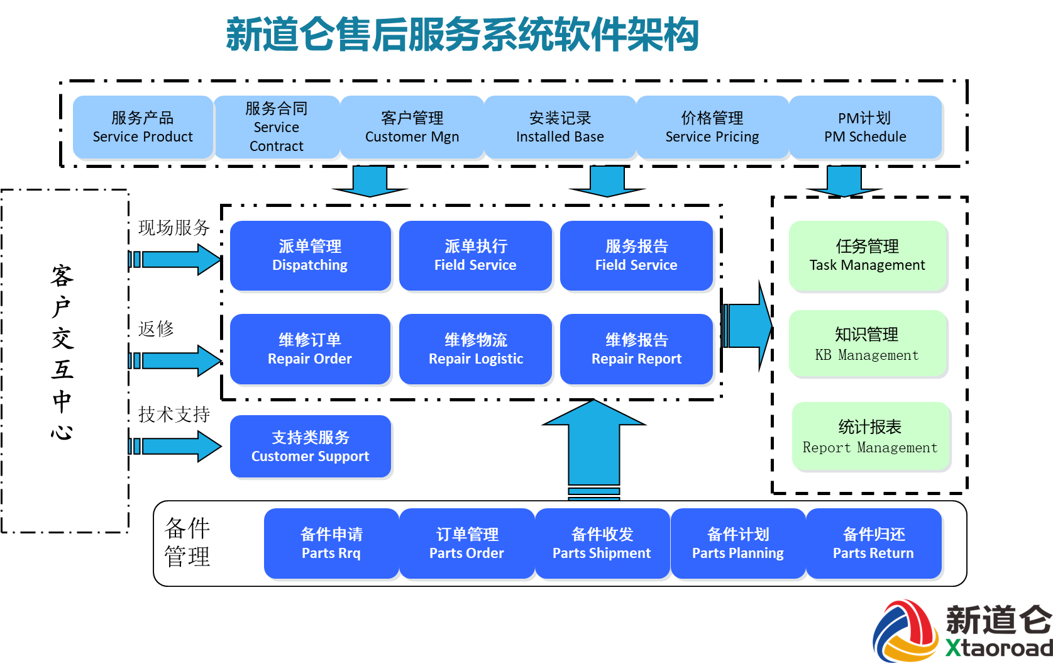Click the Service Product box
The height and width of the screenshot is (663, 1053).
(x=143, y=128)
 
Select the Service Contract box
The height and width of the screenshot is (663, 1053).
(x=277, y=128)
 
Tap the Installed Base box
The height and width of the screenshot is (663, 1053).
(x=560, y=128)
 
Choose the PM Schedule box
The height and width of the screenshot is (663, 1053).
(x=866, y=128)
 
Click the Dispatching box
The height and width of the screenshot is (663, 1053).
(x=310, y=256)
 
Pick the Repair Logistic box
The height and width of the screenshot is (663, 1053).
(x=476, y=350)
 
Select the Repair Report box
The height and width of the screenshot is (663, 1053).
(x=636, y=350)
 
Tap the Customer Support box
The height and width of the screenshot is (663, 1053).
(x=310, y=447)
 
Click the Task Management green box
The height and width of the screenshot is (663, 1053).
(x=868, y=256)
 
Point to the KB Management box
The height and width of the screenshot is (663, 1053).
(x=868, y=345)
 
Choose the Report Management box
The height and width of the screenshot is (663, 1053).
(x=871, y=437)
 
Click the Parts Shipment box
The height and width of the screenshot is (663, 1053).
(x=602, y=544)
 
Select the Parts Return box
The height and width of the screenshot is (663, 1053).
(x=873, y=544)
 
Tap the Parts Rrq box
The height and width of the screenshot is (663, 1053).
(x=331, y=544)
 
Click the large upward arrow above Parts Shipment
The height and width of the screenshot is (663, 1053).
(x=594, y=447)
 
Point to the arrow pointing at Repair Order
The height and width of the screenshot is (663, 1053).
(x=179, y=360)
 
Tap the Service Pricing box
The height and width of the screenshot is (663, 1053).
(x=712, y=128)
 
